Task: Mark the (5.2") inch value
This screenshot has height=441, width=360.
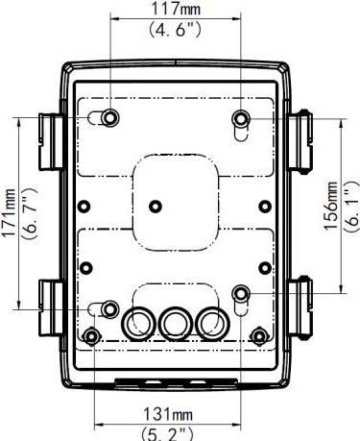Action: pyautogui.click(x=172, y=433)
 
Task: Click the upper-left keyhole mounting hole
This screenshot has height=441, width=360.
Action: pyautogui.click(x=110, y=117)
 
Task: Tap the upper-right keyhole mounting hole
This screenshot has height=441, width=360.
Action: pyautogui.click(x=241, y=118)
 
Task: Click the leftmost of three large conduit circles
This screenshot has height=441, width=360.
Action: pyautogui.click(x=139, y=322)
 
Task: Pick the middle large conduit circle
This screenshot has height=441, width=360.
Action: pyautogui.click(x=176, y=322)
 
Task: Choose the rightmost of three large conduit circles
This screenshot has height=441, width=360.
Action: pyautogui.click(x=211, y=322)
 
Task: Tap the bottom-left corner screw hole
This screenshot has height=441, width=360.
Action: pyautogui.click(x=92, y=336)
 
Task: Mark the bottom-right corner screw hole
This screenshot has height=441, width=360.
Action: pyautogui.click(x=260, y=336)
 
